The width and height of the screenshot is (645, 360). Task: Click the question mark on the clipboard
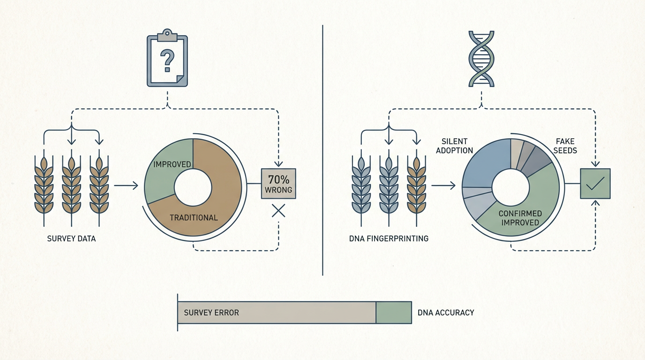167,60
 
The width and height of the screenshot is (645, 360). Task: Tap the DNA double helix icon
481,59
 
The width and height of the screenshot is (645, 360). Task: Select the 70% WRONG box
278,184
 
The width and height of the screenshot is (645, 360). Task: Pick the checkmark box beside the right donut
595,184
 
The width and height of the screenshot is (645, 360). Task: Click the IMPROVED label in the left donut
172,165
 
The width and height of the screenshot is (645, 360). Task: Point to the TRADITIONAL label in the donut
194,217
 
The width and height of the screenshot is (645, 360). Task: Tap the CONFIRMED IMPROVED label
520,218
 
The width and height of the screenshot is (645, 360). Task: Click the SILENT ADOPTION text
457,146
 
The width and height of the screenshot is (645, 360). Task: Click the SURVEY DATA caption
71,239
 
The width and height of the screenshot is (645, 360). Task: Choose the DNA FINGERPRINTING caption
389,239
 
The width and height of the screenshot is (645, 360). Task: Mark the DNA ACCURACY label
446,313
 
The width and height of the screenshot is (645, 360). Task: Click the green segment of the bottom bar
394,313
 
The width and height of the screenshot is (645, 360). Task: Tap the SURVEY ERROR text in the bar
211,313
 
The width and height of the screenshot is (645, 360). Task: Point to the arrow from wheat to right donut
443,186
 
